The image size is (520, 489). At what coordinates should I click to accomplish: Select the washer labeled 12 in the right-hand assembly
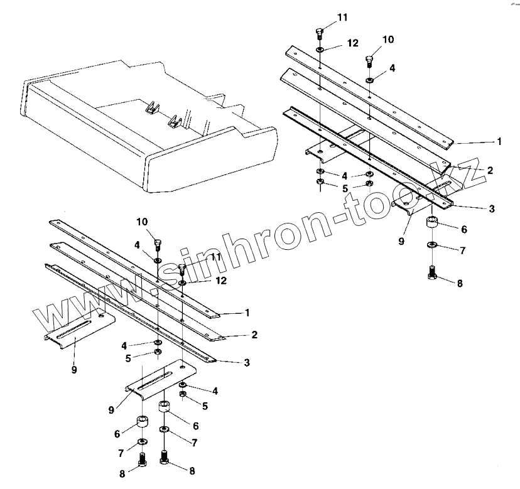[320, 49]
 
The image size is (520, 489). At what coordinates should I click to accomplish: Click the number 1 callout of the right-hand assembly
[499, 142]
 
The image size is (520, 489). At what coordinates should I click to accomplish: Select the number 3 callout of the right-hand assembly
[492, 208]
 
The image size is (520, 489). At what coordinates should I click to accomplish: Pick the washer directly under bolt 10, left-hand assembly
[157, 259]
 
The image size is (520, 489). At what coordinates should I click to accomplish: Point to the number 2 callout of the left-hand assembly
[254, 335]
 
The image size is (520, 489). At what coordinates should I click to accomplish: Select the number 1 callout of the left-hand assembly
[247, 312]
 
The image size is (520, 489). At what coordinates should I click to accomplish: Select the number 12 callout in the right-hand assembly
[352, 43]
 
